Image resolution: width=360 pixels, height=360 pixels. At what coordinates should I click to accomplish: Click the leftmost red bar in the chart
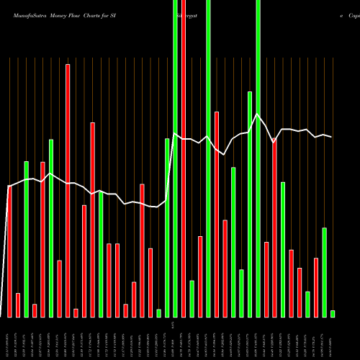(9, 251)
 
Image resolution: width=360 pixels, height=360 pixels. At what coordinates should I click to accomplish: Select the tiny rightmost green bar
(333, 313)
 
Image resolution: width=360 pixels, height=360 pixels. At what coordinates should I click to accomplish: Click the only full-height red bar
(184, 158)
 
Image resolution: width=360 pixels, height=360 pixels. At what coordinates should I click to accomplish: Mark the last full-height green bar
(258, 158)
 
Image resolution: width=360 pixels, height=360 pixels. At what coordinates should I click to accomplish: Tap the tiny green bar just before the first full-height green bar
(158, 313)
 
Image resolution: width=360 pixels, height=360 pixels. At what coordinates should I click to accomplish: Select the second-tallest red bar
(68, 191)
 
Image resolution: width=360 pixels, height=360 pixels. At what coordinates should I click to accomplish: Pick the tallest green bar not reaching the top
(250, 204)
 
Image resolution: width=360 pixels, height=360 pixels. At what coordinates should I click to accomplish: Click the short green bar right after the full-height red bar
(192, 299)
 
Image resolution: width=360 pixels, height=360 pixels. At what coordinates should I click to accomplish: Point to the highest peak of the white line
(258, 113)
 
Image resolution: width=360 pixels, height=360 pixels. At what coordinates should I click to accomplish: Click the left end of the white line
(9, 186)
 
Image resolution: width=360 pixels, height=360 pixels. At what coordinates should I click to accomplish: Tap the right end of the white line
(331, 137)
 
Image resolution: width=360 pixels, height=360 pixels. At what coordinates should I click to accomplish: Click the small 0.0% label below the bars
(174, 325)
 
